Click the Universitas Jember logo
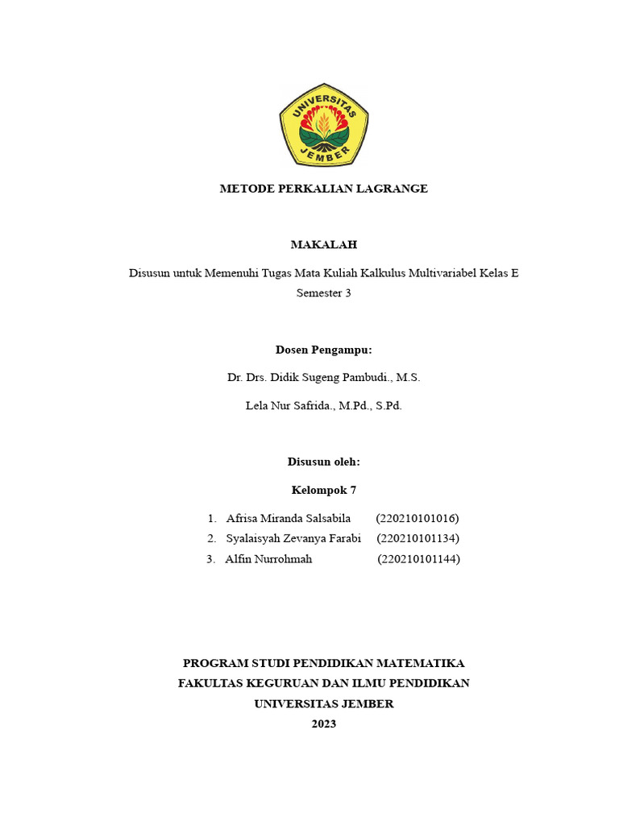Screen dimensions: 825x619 324,126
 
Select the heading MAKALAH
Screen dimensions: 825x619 323,244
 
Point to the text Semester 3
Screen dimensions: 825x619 323,293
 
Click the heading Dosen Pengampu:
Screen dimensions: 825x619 323,350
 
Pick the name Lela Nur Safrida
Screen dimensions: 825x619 289,405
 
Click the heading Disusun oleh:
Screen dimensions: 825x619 323,462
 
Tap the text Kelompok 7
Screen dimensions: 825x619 323,490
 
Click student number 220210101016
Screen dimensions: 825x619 418,518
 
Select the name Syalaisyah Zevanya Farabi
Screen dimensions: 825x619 293,538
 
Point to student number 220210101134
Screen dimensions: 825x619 418,538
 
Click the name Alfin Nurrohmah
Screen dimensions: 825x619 268,558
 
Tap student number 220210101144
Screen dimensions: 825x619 419,558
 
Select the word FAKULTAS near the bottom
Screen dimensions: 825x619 214,683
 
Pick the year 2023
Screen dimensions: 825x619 323,723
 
